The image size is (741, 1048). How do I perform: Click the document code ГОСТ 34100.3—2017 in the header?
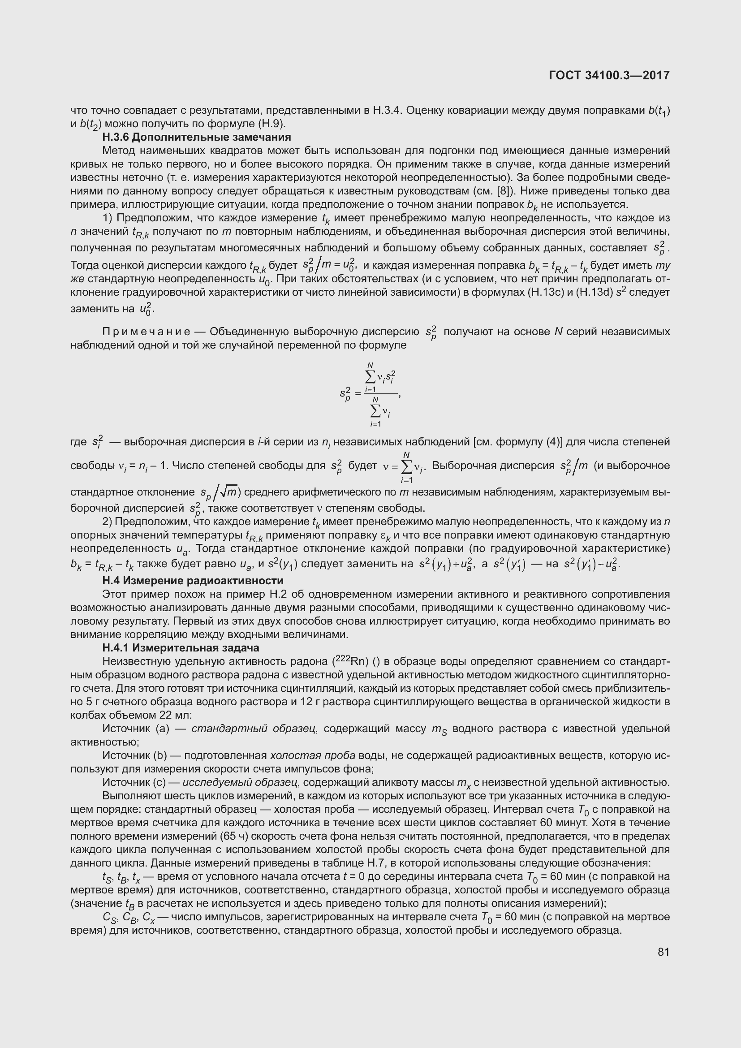(x=609, y=75)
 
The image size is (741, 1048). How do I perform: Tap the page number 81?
(x=663, y=952)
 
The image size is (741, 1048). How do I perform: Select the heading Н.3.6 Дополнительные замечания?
(x=197, y=138)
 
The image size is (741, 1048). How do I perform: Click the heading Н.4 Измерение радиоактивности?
(x=193, y=581)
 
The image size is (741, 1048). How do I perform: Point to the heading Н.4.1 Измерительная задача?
(x=181, y=648)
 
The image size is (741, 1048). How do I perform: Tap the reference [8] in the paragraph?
(x=507, y=191)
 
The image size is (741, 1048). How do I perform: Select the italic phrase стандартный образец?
(x=254, y=729)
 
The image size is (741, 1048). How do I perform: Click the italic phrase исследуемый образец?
(x=240, y=783)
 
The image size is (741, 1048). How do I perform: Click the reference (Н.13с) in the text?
(x=545, y=292)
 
